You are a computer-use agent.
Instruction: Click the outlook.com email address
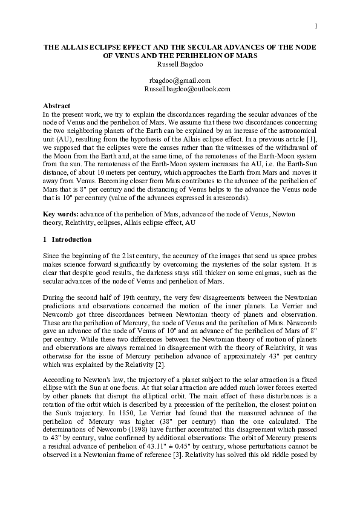(x=187, y=89)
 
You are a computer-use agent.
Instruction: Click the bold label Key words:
(x=61, y=213)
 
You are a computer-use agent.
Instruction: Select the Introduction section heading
(x=68, y=239)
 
